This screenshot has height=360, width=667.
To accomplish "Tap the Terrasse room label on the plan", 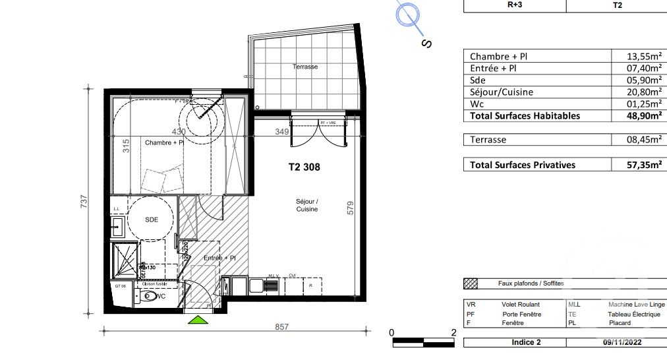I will [x=305, y=67].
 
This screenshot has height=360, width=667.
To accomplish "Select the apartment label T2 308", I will [x=304, y=167].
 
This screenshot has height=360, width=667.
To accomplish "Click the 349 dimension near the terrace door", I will [x=282, y=132].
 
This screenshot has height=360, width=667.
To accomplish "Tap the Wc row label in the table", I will [x=477, y=104].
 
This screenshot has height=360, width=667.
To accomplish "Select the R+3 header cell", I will [x=515, y=5].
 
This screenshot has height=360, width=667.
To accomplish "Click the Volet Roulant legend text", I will [x=521, y=305].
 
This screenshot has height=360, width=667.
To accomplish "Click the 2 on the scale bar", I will [x=453, y=332].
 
